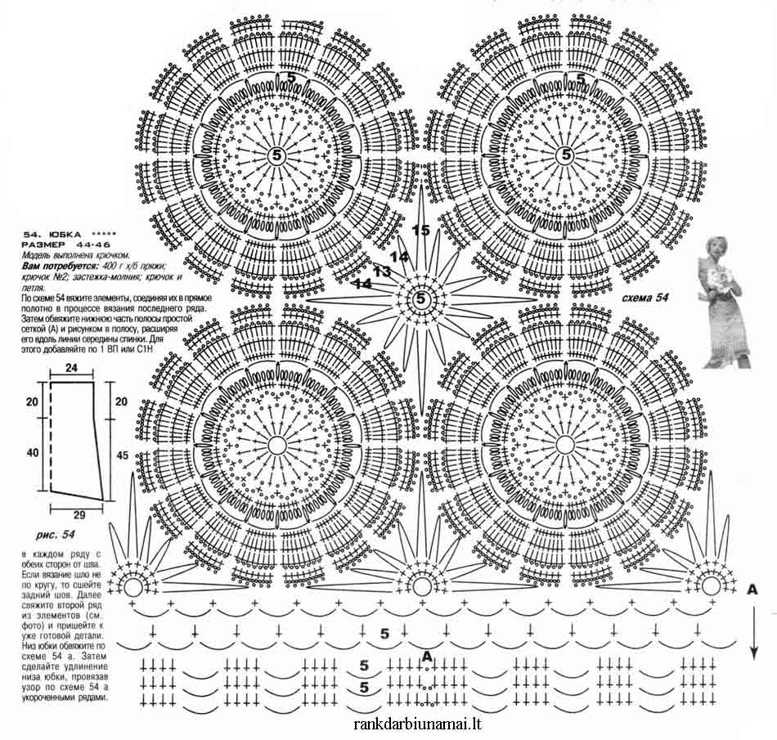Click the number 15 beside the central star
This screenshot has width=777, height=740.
[x=421, y=231]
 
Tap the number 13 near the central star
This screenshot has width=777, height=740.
[x=382, y=271]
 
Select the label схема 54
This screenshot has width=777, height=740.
[x=645, y=298]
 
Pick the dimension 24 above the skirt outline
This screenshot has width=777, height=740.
[x=71, y=369]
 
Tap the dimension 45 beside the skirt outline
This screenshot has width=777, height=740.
[x=123, y=455]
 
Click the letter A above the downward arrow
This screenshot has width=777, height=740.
[x=752, y=589]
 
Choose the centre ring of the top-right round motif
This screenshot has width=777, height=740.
[x=564, y=155]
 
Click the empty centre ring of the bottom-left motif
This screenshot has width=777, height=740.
[x=276, y=444]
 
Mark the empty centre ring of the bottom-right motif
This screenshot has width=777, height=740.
[x=564, y=444]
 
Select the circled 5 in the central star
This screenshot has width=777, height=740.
[x=420, y=299]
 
